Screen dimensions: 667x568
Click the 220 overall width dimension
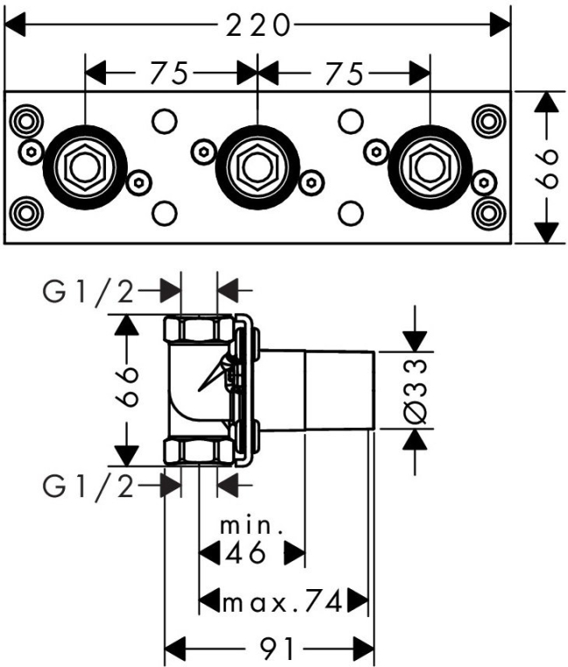(x=257, y=26)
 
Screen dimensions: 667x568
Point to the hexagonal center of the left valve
(x=85, y=165)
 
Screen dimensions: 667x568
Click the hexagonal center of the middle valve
(x=257, y=165)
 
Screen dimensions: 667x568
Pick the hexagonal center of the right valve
(x=430, y=165)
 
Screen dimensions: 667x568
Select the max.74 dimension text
(x=280, y=601)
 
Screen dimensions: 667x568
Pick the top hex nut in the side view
(x=200, y=330)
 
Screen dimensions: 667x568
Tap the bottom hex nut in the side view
(x=200, y=451)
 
